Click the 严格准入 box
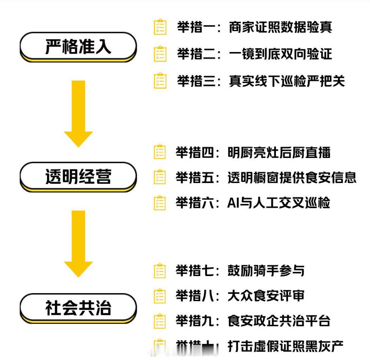click(78, 47)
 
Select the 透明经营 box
click(78, 177)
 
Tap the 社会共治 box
click(78, 308)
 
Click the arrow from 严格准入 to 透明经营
click(79, 114)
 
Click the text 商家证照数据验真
click(280, 28)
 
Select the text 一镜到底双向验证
click(280, 54)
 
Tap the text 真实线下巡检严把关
click(287, 81)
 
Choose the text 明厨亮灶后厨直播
click(279, 153)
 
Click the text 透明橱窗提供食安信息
click(292, 177)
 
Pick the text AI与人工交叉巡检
click(279, 203)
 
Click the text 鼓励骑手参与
click(266, 271)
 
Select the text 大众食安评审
click(266, 296)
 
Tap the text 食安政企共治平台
click(279, 321)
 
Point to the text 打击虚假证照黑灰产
click(285, 346)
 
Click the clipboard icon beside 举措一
click(160, 27)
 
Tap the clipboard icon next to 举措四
click(160, 152)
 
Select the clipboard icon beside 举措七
click(160, 271)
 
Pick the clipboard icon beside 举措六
click(160, 203)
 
